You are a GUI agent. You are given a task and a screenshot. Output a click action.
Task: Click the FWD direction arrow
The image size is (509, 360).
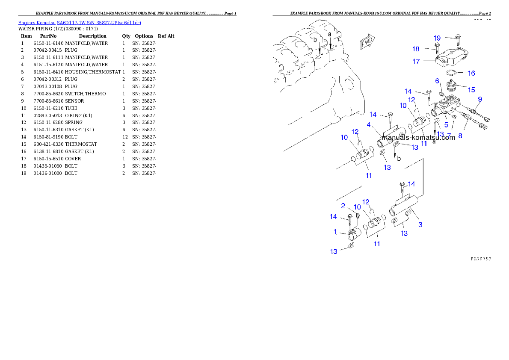click(367, 42)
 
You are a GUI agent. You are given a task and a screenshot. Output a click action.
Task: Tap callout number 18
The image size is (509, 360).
click(416, 49)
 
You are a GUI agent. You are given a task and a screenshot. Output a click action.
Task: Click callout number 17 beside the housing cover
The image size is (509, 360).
click(416, 62)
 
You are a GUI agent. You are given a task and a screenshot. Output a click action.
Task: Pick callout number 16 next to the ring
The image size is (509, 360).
click(471, 73)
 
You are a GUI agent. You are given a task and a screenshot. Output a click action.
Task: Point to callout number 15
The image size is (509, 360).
click(471, 90)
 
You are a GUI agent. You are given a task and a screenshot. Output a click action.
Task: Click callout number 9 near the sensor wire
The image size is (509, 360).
click(480, 99)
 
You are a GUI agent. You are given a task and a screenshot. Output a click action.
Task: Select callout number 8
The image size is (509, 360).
click(460, 136)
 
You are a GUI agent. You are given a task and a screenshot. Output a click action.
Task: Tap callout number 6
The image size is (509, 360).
click(437, 81)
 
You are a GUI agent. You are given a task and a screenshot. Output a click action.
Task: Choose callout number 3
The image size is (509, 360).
click(420, 224)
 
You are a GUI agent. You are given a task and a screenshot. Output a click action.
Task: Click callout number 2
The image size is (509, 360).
click(343, 206)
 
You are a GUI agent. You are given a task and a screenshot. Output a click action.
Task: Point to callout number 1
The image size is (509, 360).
click(336, 232)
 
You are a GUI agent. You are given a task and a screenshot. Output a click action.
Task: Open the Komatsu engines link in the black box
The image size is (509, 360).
click(80, 22)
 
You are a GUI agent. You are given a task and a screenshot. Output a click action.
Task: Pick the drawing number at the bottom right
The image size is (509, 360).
click(480, 259)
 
